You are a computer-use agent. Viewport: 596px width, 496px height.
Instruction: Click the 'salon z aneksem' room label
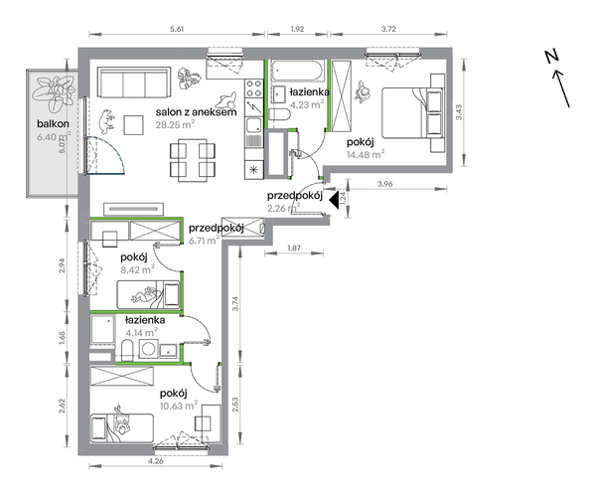coord(196,112)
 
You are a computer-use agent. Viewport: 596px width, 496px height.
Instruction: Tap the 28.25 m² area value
coord(175,124)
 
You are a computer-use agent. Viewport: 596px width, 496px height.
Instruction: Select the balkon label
coord(53,123)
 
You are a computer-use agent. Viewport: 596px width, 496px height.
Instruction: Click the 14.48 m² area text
coord(366,154)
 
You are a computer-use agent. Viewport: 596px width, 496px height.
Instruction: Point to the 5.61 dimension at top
coord(177,29)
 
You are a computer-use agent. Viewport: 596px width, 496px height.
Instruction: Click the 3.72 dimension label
coord(388,29)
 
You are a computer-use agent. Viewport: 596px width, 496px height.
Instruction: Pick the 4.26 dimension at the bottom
coord(156,461)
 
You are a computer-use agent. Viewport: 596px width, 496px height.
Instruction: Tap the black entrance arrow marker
coord(334,200)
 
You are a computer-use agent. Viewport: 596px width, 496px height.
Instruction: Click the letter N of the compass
coord(551,57)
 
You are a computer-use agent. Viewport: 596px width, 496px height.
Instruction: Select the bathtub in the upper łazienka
coord(297,71)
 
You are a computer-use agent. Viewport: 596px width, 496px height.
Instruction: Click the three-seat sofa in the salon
coord(134,83)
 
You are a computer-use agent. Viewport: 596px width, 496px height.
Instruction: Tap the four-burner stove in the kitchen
coord(253,88)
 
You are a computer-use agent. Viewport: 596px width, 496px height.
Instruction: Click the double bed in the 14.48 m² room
coord(413,113)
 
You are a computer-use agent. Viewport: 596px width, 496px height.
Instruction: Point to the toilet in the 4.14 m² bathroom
coord(127,350)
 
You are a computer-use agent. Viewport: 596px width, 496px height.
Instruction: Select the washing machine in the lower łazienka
coord(149,349)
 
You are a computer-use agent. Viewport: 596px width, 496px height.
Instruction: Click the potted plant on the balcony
coord(54,93)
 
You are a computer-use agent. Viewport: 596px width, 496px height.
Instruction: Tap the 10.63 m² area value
coord(179,406)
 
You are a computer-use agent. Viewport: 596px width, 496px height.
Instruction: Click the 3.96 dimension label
coord(384,184)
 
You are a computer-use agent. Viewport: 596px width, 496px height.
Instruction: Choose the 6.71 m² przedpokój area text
coord(204,241)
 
